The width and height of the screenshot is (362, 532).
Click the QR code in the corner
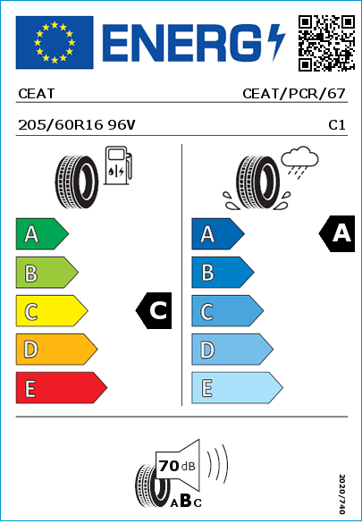326,43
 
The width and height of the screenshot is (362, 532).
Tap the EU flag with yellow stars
55,42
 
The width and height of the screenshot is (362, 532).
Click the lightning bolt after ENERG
276,43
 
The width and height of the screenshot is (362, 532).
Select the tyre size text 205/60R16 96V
77,125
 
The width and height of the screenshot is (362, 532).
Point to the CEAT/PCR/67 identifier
294,94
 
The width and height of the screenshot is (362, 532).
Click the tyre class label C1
337,125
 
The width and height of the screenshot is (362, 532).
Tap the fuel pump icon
118,165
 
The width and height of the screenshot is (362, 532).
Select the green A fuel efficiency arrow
42,233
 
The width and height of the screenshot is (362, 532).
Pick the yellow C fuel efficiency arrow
52,311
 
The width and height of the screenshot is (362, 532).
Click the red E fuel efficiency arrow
62,388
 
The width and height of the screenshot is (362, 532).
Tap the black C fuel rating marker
154,310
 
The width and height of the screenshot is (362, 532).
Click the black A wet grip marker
337,233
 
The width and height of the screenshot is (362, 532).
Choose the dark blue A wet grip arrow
218,233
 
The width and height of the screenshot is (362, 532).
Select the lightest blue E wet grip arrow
237,388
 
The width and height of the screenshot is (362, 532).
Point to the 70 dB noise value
177,466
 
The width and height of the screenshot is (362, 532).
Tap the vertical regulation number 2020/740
342,494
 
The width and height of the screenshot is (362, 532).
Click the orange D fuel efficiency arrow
56,349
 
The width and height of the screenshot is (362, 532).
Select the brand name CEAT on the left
37,94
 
